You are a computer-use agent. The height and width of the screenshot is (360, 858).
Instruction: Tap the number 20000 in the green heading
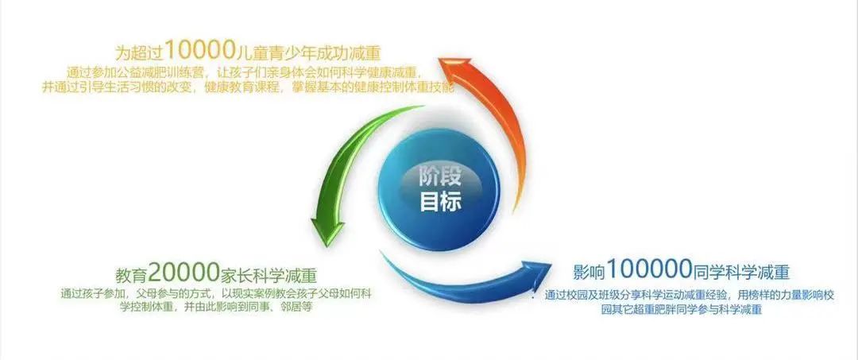(x=184, y=270)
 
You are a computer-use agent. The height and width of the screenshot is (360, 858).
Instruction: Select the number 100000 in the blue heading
(x=648, y=269)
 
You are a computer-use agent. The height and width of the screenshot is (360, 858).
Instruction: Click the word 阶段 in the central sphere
(x=440, y=177)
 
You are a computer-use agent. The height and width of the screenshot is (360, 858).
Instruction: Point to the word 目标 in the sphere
(x=440, y=201)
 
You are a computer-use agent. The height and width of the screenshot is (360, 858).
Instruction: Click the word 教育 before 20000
(x=131, y=273)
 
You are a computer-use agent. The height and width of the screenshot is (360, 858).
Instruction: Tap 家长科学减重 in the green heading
(x=269, y=273)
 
